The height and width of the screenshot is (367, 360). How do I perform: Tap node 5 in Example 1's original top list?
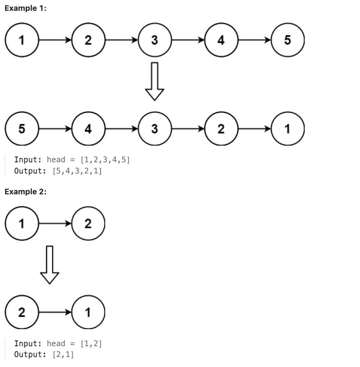tap(288, 40)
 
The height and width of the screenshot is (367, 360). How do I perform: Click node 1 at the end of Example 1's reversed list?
tap(288, 129)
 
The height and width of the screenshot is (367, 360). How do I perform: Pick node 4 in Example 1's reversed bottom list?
tap(88, 129)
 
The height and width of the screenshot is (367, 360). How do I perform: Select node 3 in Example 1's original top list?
tap(155, 40)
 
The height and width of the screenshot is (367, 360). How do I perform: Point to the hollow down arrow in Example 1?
tap(155, 81)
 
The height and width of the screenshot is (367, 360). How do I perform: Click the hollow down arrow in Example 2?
tap(49, 264)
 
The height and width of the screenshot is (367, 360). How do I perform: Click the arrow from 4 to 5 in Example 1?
tap(254, 40)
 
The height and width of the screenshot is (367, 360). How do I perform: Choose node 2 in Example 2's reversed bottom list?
tap(22, 312)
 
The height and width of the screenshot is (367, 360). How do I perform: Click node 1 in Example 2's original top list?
tap(22, 223)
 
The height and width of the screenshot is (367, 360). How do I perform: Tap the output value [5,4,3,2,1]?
tap(77, 171)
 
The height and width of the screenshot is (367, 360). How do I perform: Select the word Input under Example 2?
tap(27, 343)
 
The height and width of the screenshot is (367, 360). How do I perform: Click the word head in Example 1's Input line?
tap(56, 160)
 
